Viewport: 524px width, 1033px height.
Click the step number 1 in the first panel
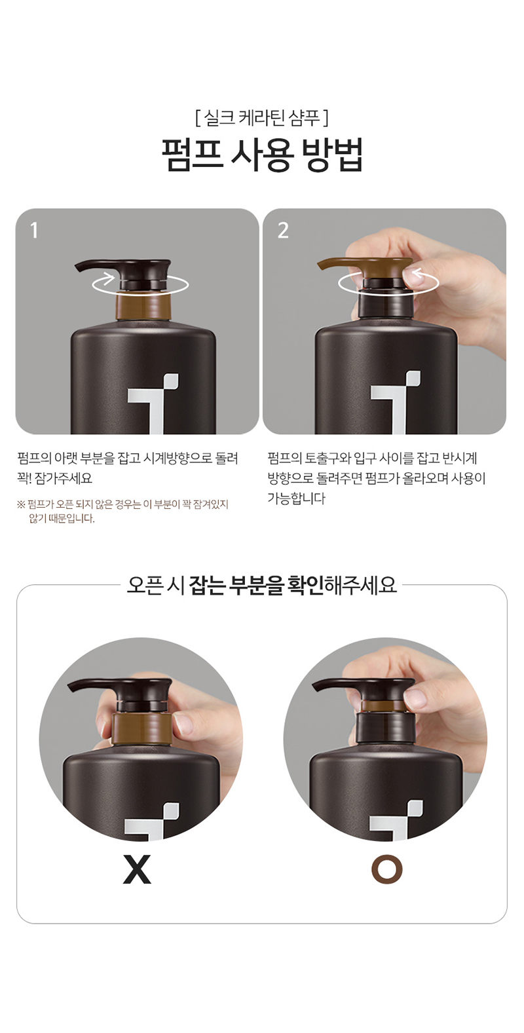(x=33, y=231)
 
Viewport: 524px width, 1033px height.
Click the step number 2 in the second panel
(x=283, y=231)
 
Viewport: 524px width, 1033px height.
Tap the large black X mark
(x=137, y=869)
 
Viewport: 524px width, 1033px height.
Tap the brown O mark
(x=387, y=869)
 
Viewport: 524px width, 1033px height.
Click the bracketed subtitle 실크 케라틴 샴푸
(x=261, y=118)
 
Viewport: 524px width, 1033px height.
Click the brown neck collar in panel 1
(x=143, y=306)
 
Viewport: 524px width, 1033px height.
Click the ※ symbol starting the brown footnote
(x=21, y=504)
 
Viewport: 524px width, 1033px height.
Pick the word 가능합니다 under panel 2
(x=296, y=498)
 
